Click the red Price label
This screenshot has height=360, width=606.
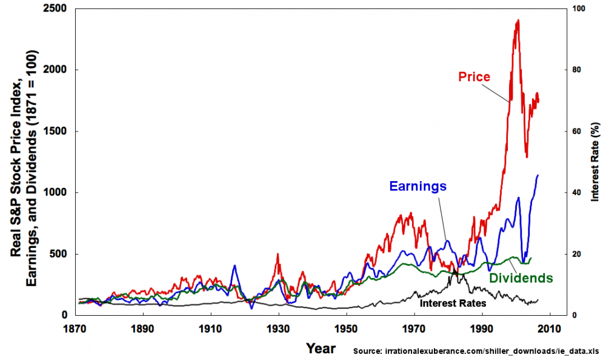point(474,77)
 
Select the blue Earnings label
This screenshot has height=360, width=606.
point(418,186)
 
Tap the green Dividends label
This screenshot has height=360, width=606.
point(521,278)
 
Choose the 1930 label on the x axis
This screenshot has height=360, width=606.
point(279,327)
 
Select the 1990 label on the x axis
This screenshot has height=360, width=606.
point(482,327)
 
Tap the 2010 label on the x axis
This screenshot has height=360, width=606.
point(550,327)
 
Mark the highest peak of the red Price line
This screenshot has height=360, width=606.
point(518,20)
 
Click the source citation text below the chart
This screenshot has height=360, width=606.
point(476,351)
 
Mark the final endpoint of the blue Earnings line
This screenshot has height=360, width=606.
point(538,175)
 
